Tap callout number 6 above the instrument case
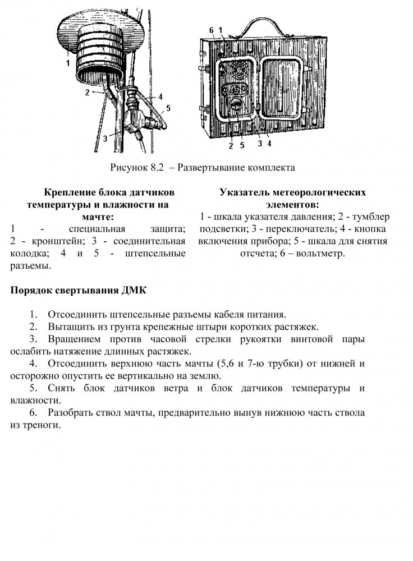click(212, 29)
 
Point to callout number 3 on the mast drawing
click(105, 137)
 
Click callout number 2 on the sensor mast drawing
click(88, 91)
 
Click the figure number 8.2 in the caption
click(155, 168)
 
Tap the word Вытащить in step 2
click(70, 327)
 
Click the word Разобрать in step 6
click(70, 413)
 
